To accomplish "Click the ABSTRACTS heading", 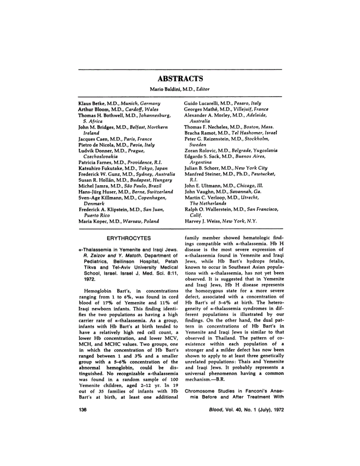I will [x=180, y=78].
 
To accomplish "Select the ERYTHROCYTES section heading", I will [x=129, y=238].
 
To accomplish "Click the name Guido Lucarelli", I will [x=202, y=103].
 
